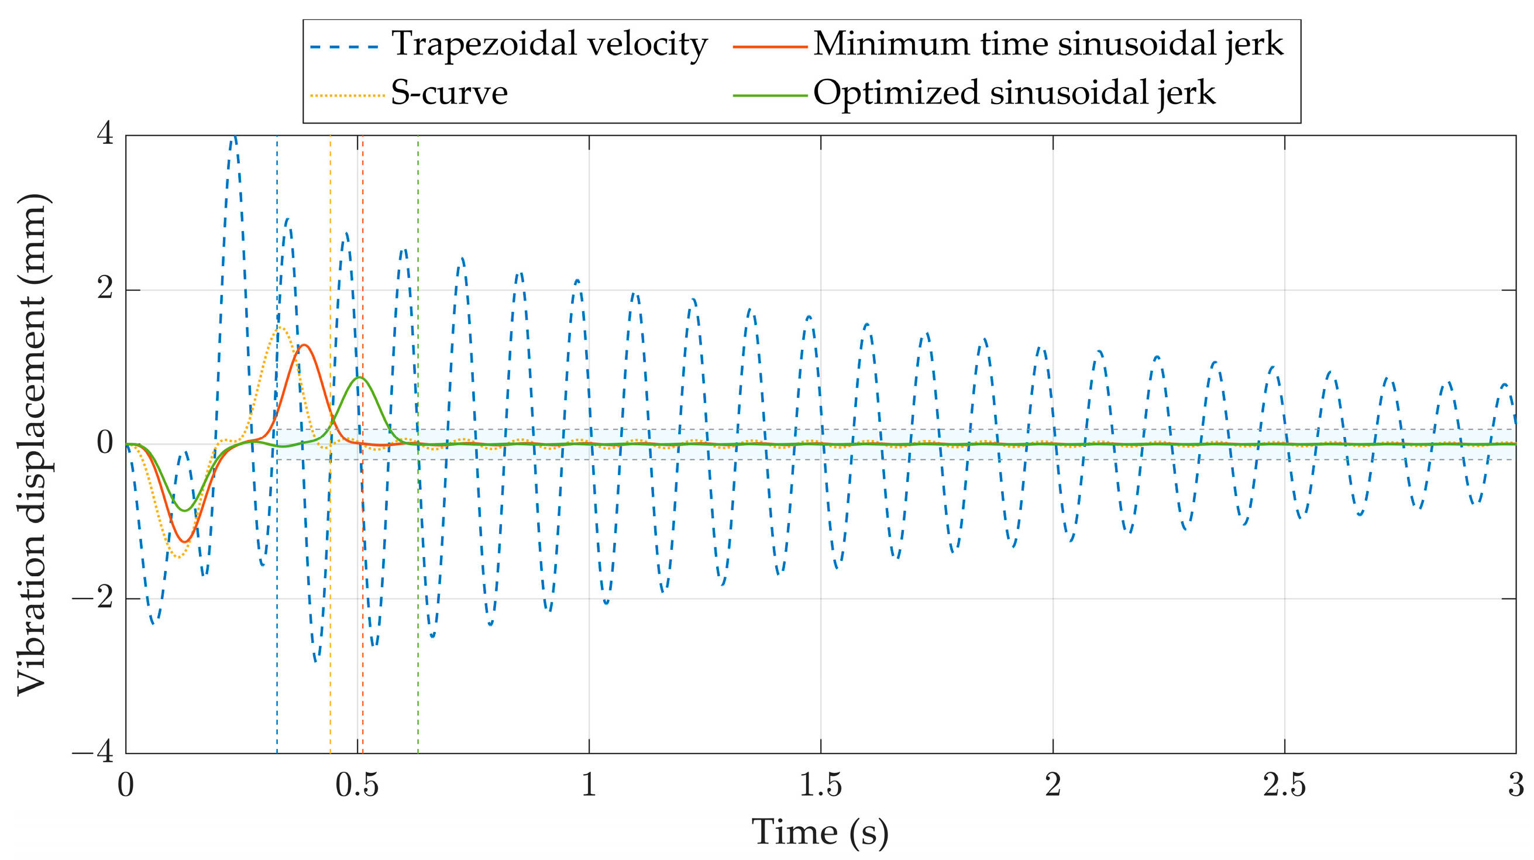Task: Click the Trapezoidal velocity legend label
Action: click(x=548, y=44)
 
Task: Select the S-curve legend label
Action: click(x=449, y=94)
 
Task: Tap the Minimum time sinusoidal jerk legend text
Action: click(x=1048, y=44)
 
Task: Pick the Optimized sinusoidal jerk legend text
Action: click(x=1014, y=94)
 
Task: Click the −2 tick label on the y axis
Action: click(x=94, y=597)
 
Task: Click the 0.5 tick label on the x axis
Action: click(x=357, y=786)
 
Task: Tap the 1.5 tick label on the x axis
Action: click(x=820, y=786)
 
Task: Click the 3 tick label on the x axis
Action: click(x=1515, y=786)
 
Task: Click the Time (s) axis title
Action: click(x=820, y=832)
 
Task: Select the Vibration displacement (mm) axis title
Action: click(x=33, y=444)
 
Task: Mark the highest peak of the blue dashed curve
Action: click(x=235, y=137)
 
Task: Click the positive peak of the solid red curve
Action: click(x=304, y=345)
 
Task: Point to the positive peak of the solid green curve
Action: click(x=359, y=377)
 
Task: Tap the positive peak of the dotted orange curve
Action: click(x=280, y=328)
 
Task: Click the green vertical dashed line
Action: click(x=418, y=596)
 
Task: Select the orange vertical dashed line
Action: click(x=331, y=596)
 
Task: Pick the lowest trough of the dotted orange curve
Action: click(x=178, y=558)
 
